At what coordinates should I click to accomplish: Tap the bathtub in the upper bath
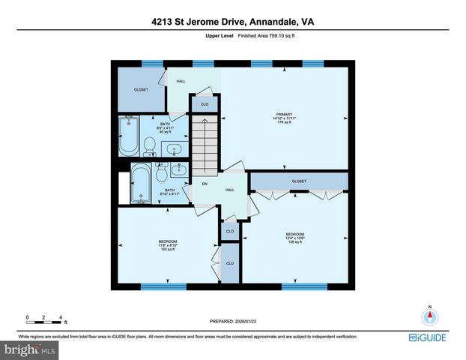point(128,136)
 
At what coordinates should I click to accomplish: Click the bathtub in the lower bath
point(140,184)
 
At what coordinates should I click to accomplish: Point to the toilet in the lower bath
point(161,175)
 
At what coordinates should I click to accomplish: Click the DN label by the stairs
point(204,184)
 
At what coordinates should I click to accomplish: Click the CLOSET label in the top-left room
point(141,89)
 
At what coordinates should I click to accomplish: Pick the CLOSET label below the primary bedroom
point(299,181)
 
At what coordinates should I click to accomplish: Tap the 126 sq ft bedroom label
point(294,237)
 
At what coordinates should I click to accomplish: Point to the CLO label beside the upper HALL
point(204,103)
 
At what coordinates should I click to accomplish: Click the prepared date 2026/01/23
point(233,321)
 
